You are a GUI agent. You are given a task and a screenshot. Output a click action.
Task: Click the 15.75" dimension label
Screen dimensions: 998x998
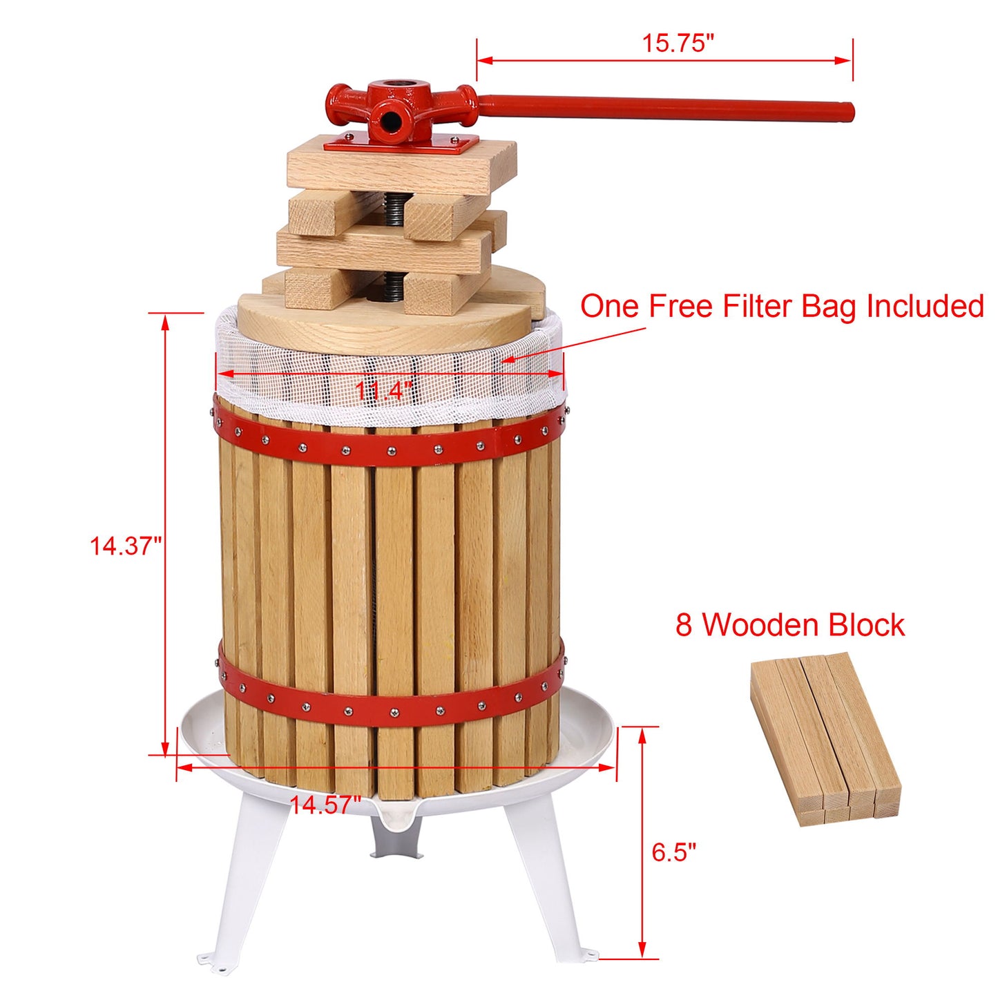(677, 43)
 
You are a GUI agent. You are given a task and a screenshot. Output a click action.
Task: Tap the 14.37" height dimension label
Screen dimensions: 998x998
(125, 546)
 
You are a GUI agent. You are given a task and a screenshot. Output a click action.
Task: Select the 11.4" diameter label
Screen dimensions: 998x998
(383, 391)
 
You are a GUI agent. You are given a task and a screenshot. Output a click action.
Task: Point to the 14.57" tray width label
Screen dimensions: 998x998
(325, 805)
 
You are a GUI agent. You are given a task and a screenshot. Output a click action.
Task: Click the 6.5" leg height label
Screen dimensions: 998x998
(673, 852)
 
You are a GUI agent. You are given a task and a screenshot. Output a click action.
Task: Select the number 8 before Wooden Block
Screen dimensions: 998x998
(683, 625)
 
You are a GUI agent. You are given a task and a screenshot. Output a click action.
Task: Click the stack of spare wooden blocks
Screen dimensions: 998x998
(825, 739)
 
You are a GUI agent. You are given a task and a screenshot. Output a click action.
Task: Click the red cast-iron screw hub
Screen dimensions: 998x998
(397, 107)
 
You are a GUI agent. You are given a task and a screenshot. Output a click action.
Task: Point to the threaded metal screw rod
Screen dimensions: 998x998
(394, 207)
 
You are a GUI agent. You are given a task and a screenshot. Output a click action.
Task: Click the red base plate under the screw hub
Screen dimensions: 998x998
(401, 144)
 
